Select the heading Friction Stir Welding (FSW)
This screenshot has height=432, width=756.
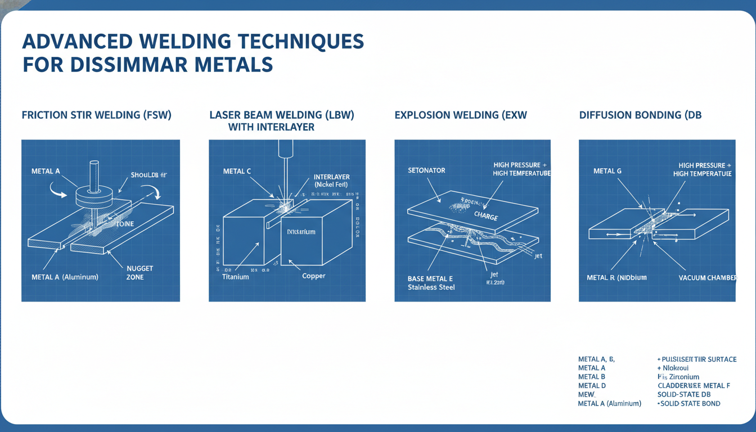pos(96,115)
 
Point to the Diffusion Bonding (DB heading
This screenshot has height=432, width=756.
pos(640,115)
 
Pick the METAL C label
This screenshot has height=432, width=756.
pos(237,172)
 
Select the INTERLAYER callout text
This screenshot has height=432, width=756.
pos(332,177)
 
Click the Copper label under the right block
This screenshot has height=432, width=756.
pos(314,276)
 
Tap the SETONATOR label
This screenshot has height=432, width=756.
pos(426,170)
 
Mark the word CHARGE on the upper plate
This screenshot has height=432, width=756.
pos(486,215)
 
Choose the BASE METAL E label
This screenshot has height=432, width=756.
pos(430,278)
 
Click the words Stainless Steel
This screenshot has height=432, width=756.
pos(431,287)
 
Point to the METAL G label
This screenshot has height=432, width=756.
pos(607,170)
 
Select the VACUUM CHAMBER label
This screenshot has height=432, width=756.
pos(707,278)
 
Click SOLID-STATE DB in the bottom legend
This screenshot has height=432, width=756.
pos(684,394)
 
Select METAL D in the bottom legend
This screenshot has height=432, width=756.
pos(592,385)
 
